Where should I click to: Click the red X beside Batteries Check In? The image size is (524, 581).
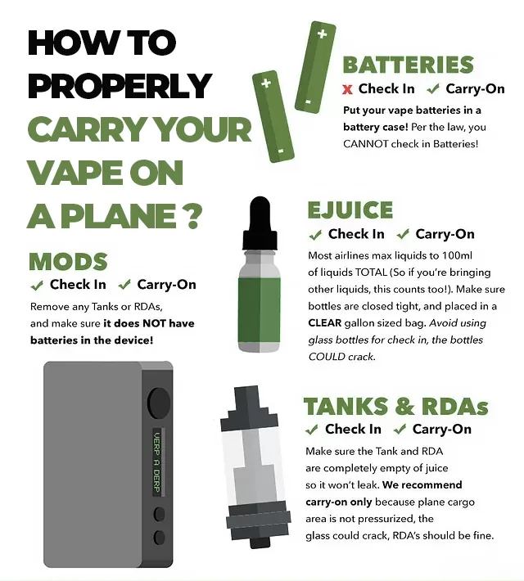pyautogui.click(x=347, y=89)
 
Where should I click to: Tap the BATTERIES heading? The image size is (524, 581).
pyautogui.click(x=409, y=65)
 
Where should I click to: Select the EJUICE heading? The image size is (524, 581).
pyautogui.click(x=350, y=210)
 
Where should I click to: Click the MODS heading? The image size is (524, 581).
pyautogui.click(x=68, y=262)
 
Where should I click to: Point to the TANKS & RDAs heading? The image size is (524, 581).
pyautogui.click(x=395, y=407)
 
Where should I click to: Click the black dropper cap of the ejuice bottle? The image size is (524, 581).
pyautogui.click(x=260, y=223)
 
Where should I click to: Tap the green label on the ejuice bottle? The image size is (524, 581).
pyautogui.click(x=260, y=310)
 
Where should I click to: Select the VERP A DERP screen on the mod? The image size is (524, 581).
pyautogui.click(x=157, y=462)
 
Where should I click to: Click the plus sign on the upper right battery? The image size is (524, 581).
pyautogui.click(x=323, y=34)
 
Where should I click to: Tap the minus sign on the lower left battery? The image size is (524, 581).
pyautogui.click(x=281, y=151)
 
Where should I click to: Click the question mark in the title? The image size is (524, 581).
pyautogui.click(x=192, y=216)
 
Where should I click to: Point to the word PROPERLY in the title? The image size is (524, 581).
pyautogui.click(x=120, y=85)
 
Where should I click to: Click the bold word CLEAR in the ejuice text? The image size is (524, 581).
pyautogui.click(x=324, y=323)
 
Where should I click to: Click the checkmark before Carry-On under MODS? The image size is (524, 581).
pyautogui.click(x=124, y=285)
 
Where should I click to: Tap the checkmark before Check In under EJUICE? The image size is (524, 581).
pyautogui.click(x=315, y=235)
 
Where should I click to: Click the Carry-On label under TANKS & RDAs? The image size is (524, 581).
pyautogui.click(x=441, y=429)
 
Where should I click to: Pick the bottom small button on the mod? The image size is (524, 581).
pyautogui.click(x=159, y=538)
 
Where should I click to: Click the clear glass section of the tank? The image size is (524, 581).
pyautogui.click(x=252, y=466)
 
